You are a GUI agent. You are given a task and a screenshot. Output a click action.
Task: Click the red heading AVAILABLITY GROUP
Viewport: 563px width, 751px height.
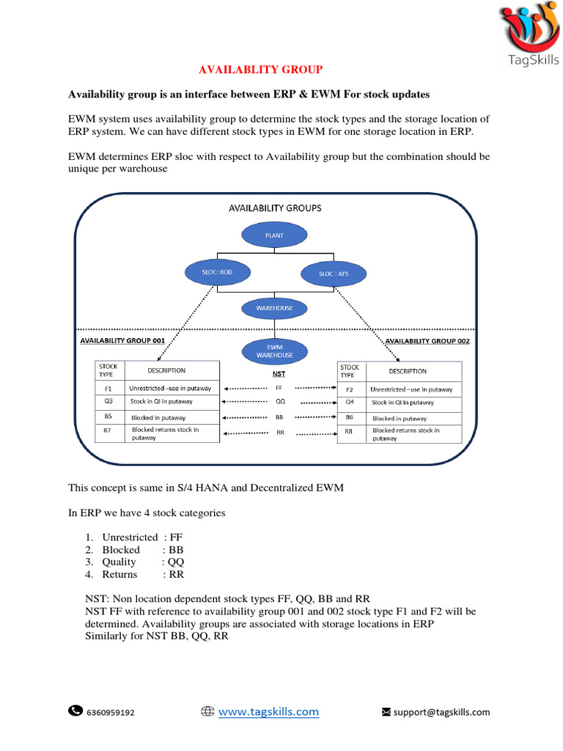tap(262, 70)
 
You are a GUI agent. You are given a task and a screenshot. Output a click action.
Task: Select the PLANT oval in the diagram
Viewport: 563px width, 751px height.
tap(274, 236)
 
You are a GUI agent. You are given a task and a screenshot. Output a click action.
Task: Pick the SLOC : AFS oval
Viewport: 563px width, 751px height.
tap(334, 274)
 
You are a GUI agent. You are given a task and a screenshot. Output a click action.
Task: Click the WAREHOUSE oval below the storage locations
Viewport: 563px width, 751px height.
tap(274, 308)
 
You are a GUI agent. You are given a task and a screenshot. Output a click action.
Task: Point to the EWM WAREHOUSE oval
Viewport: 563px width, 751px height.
tap(274, 351)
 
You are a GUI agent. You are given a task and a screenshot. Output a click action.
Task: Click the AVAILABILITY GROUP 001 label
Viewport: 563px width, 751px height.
tap(122, 341)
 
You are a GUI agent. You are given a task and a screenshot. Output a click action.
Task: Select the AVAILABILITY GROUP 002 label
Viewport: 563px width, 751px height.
tap(427, 341)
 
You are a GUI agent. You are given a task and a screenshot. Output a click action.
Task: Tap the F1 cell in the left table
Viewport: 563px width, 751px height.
tap(108, 388)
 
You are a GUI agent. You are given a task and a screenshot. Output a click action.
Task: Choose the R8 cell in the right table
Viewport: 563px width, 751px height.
tap(349, 432)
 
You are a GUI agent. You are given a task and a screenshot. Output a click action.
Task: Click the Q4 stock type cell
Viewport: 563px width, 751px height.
tap(349, 403)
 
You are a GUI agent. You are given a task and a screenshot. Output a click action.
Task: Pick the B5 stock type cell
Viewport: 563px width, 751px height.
tap(108, 417)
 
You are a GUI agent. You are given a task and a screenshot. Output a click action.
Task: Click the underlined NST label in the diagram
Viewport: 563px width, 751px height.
tap(279, 373)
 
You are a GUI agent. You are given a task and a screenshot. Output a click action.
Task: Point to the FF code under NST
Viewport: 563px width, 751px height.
tap(279, 387)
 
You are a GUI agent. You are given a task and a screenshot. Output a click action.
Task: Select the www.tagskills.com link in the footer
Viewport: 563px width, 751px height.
tap(268, 711)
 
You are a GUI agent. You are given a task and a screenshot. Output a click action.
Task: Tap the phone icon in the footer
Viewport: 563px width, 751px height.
tap(76, 710)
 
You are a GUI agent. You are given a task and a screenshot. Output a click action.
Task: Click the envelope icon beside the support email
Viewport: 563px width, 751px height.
tap(386, 711)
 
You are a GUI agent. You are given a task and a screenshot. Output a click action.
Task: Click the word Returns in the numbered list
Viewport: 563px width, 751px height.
tap(119, 574)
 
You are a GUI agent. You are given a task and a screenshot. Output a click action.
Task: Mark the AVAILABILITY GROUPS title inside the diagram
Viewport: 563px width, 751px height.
tap(275, 208)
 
